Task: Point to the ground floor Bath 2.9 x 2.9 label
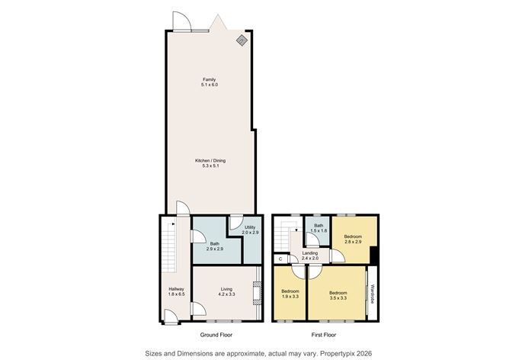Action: (215, 246)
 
